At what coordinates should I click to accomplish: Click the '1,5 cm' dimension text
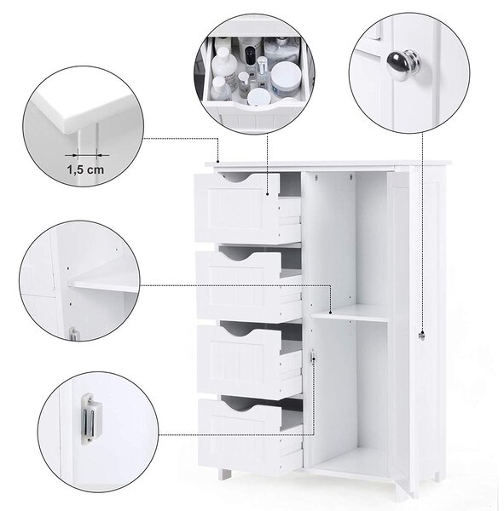pyautogui.click(x=85, y=169)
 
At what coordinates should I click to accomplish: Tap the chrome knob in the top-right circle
pyautogui.click(x=402, y=64)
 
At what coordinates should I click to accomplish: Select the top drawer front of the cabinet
pyautogui.click(x=237, y=209)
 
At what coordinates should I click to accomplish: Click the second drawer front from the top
pyautogui.click(x=238, y=284)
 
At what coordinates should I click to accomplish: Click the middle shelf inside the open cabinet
pyautogui.click(x=350, y=313)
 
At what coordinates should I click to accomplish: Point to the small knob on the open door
pyautogui.click(x=422, y=336)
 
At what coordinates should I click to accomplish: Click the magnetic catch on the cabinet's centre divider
pyautogui.click(x=313, y=356)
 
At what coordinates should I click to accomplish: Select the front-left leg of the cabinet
pyautogui.click(x=224, y=474)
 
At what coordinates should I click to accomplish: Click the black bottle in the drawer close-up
pyautogui.click(x=250, y=55)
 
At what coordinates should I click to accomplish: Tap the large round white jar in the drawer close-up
pyautogui.click(x=286, y=78)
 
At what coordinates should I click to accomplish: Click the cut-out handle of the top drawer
pyautogui.click(x=237, y=178)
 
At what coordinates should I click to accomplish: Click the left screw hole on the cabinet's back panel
pyautogui.click(x=316, y=178)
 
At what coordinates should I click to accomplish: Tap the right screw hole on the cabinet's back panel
pyautogui.click(x=350, y=178)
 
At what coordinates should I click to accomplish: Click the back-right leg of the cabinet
pyautogui.click(x=434, y=477)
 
